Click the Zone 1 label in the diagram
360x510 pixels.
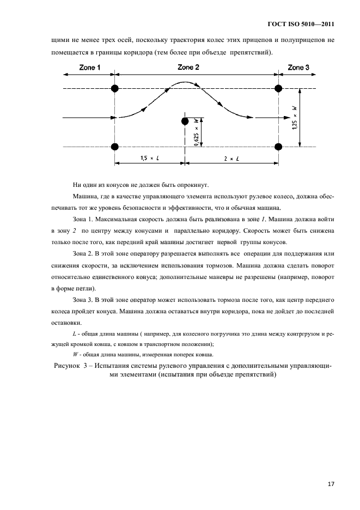pos(90,68)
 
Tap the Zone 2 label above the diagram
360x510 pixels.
pos(188,67)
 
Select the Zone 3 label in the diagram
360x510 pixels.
pos(298,68)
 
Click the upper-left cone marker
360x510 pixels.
pos(114,88)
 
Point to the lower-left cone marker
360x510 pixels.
pos(114,147)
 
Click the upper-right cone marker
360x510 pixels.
pos(279,88)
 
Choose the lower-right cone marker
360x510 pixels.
pos(279,147)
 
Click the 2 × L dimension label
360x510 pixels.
pos(231,158)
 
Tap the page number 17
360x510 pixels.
pos(331,483)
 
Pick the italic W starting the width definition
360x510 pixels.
pos(75,354)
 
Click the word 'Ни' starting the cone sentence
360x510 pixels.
pos(76,184)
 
